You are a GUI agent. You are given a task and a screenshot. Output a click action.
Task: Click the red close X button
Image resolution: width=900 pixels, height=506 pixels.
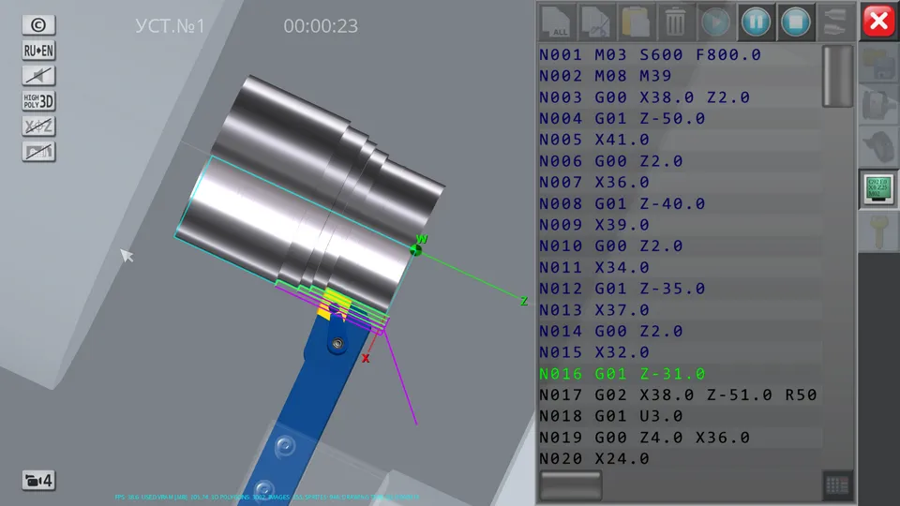pos(878,21)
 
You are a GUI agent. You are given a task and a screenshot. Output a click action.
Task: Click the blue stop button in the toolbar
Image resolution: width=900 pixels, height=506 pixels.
pos(796,21)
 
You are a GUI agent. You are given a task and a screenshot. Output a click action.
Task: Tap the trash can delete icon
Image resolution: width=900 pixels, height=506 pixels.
pos(674,21)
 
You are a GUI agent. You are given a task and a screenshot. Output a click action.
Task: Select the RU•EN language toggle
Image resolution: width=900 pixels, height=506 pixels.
pos(38,51)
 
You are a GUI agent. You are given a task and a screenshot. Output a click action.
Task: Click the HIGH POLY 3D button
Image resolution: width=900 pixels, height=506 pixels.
pos(38,101)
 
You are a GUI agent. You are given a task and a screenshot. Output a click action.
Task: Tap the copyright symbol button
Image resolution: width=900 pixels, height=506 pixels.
pos(38,25)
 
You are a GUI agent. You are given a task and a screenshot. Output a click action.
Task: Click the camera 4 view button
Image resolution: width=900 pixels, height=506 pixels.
pos(38,481)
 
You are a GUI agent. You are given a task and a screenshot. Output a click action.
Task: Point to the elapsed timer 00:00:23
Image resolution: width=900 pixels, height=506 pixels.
pos(321,26)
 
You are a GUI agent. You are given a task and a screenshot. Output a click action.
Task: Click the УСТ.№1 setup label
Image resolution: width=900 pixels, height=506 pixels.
pos(170,26)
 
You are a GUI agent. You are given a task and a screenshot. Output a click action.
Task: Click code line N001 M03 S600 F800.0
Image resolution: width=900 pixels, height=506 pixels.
pos(649,54)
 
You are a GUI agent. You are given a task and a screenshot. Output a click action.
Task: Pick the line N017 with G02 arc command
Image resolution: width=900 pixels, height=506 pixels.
pos(677,394)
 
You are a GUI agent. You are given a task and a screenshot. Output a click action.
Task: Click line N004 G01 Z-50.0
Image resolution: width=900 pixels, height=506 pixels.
pos(622,118)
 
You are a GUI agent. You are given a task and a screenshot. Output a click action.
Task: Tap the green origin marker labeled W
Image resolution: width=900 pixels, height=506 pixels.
pos(417,247)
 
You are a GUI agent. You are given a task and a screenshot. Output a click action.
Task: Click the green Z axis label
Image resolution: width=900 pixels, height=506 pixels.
pos(524,301)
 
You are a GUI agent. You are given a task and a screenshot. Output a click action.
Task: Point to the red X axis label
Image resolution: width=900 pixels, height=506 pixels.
pos(366,358)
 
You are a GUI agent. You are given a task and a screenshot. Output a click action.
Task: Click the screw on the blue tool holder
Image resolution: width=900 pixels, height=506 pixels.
pos(334,345)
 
